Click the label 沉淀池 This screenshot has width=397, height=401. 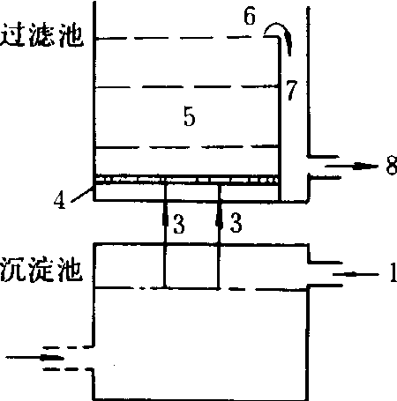(41, 270)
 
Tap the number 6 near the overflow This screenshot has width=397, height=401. (250, 16)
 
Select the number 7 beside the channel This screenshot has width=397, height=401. (292, 91)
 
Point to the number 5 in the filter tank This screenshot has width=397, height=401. (190, 116)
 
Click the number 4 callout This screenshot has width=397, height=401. (60, 201)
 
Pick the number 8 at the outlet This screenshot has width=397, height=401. (392, 166)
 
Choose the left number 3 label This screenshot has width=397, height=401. (179, 224)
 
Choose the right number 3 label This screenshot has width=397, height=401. (236, 223)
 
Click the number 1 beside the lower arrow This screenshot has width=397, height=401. (393, 272)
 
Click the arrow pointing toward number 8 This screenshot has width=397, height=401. (351, 167)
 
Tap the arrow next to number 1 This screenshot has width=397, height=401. (356, 275)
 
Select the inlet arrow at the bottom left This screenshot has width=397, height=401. (34, 358)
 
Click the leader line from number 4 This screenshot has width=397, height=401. (83, 194)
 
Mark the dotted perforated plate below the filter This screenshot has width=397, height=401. (187, 179)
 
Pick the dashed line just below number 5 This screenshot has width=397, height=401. (187, 146)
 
